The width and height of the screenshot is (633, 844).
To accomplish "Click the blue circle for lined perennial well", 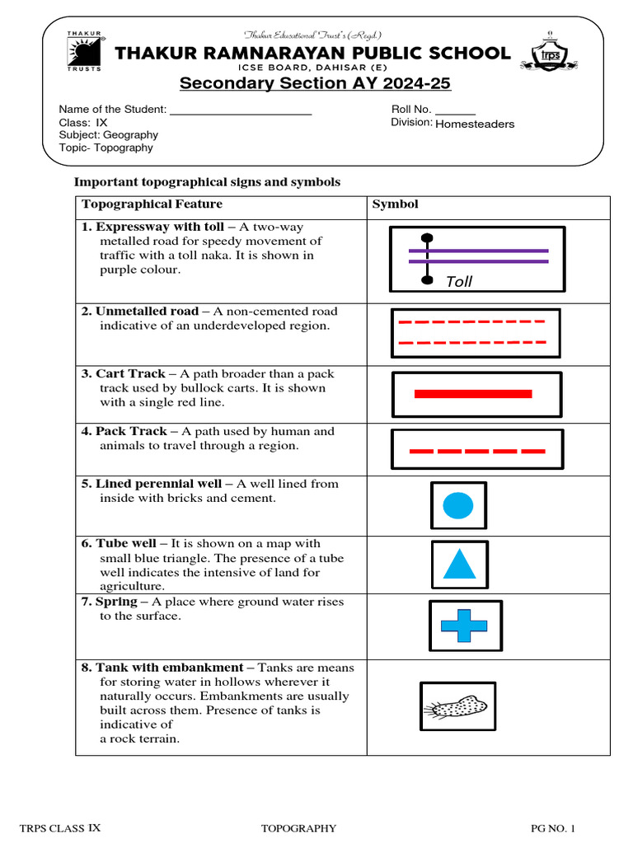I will tap(458, 505).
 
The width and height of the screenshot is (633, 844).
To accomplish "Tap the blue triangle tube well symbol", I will tap(459, 565).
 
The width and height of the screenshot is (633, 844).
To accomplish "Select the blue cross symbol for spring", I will tap(464, 626).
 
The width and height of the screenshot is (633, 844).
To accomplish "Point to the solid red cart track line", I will tap(473, 394).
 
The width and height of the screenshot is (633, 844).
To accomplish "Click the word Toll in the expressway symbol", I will tap(459, 282).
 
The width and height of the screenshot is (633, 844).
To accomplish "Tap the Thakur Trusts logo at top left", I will tap(85, 51).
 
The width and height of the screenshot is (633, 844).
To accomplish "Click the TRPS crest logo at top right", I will tap(549, 52).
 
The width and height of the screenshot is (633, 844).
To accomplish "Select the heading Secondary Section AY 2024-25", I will tap(316, 84).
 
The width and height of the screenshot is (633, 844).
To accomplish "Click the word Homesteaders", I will tap(474, 124).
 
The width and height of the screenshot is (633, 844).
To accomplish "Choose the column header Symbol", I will tap(396, 204).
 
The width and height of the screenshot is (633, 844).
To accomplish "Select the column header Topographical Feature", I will tap(152, 204).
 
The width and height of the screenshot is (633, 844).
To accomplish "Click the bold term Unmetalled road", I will tap(147, 312).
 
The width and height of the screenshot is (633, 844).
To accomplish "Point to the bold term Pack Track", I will tap(131, 431).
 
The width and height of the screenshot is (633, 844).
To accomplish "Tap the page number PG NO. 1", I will tap(551, 828).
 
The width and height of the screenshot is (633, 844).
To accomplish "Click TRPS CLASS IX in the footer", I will tap(60, 828).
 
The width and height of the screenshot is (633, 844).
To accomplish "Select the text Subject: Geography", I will tap(108, 134).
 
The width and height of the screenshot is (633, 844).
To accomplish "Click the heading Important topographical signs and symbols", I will tap(207, 182).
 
